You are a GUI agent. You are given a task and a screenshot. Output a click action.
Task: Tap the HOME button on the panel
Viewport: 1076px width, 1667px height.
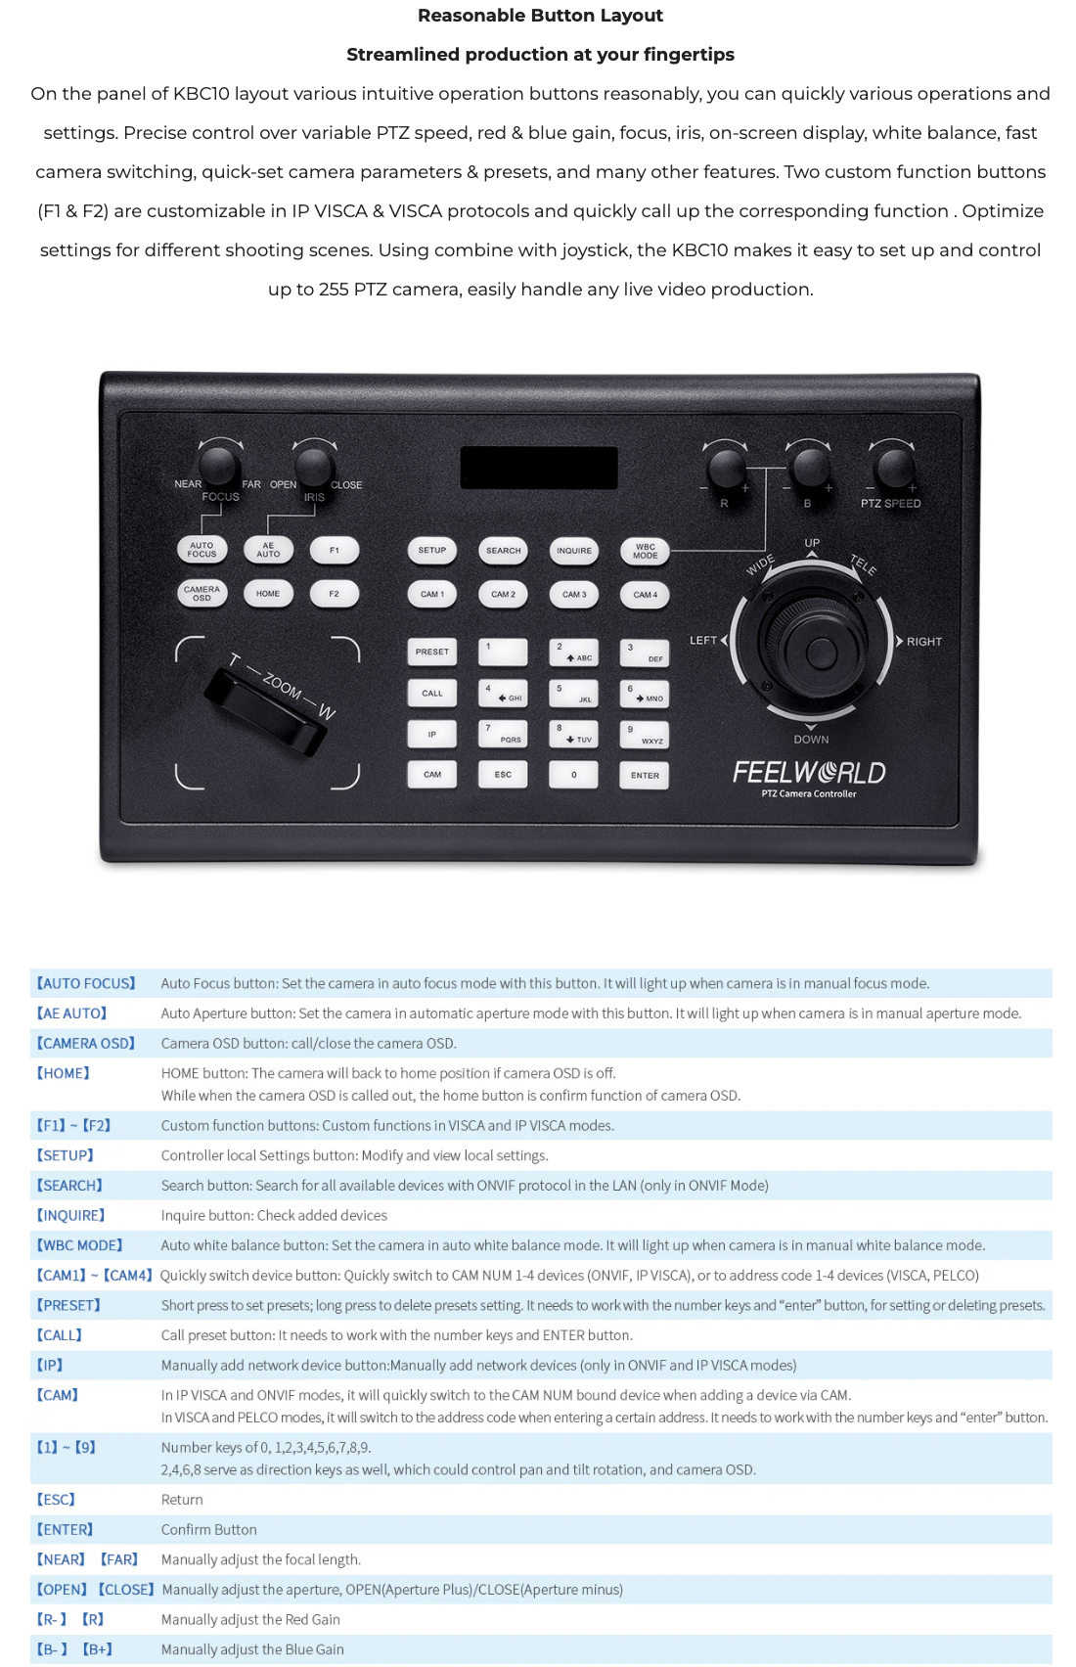[x=268, y=594]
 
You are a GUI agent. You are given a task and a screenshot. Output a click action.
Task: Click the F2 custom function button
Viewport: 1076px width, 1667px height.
[x=335, y=594]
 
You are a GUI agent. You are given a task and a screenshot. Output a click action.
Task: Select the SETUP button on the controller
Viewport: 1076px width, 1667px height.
[x=431, y=551]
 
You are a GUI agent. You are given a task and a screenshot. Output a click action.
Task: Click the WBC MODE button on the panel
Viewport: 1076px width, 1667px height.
[x=646, y=552]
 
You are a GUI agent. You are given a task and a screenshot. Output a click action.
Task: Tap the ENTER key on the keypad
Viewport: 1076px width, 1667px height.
[x=645, y=776]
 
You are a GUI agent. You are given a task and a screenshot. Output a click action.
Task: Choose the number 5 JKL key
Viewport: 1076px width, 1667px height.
[x=573, y=694]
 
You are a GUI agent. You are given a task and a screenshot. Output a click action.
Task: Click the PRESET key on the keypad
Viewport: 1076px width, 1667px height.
[x=431, y=652]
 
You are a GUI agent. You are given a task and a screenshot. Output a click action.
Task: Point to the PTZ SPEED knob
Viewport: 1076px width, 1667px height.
[x=894, y=468]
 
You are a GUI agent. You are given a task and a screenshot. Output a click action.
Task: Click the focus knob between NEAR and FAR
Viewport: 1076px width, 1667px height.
[x=219, y=465]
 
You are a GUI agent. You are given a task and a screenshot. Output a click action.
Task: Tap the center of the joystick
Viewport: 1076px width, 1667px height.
[x=821, y=653]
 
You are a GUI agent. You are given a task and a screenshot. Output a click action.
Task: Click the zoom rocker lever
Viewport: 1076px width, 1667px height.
[x=266, y=711]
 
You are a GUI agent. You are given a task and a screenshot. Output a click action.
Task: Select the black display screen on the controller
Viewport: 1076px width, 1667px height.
[x=539, y=468]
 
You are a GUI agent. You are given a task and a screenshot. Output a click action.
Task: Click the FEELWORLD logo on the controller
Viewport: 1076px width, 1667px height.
[x=809, y=773]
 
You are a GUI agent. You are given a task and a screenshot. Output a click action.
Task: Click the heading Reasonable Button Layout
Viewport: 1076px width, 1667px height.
[x=540, y=16]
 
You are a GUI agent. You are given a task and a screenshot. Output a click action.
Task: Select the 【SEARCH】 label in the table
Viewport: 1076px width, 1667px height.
[x=70, y=1185]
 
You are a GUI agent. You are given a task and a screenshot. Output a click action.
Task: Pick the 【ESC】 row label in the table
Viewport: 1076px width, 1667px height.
[x=57, y=1499]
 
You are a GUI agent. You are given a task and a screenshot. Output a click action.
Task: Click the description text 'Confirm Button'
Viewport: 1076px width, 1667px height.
[x=209, y=1529]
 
